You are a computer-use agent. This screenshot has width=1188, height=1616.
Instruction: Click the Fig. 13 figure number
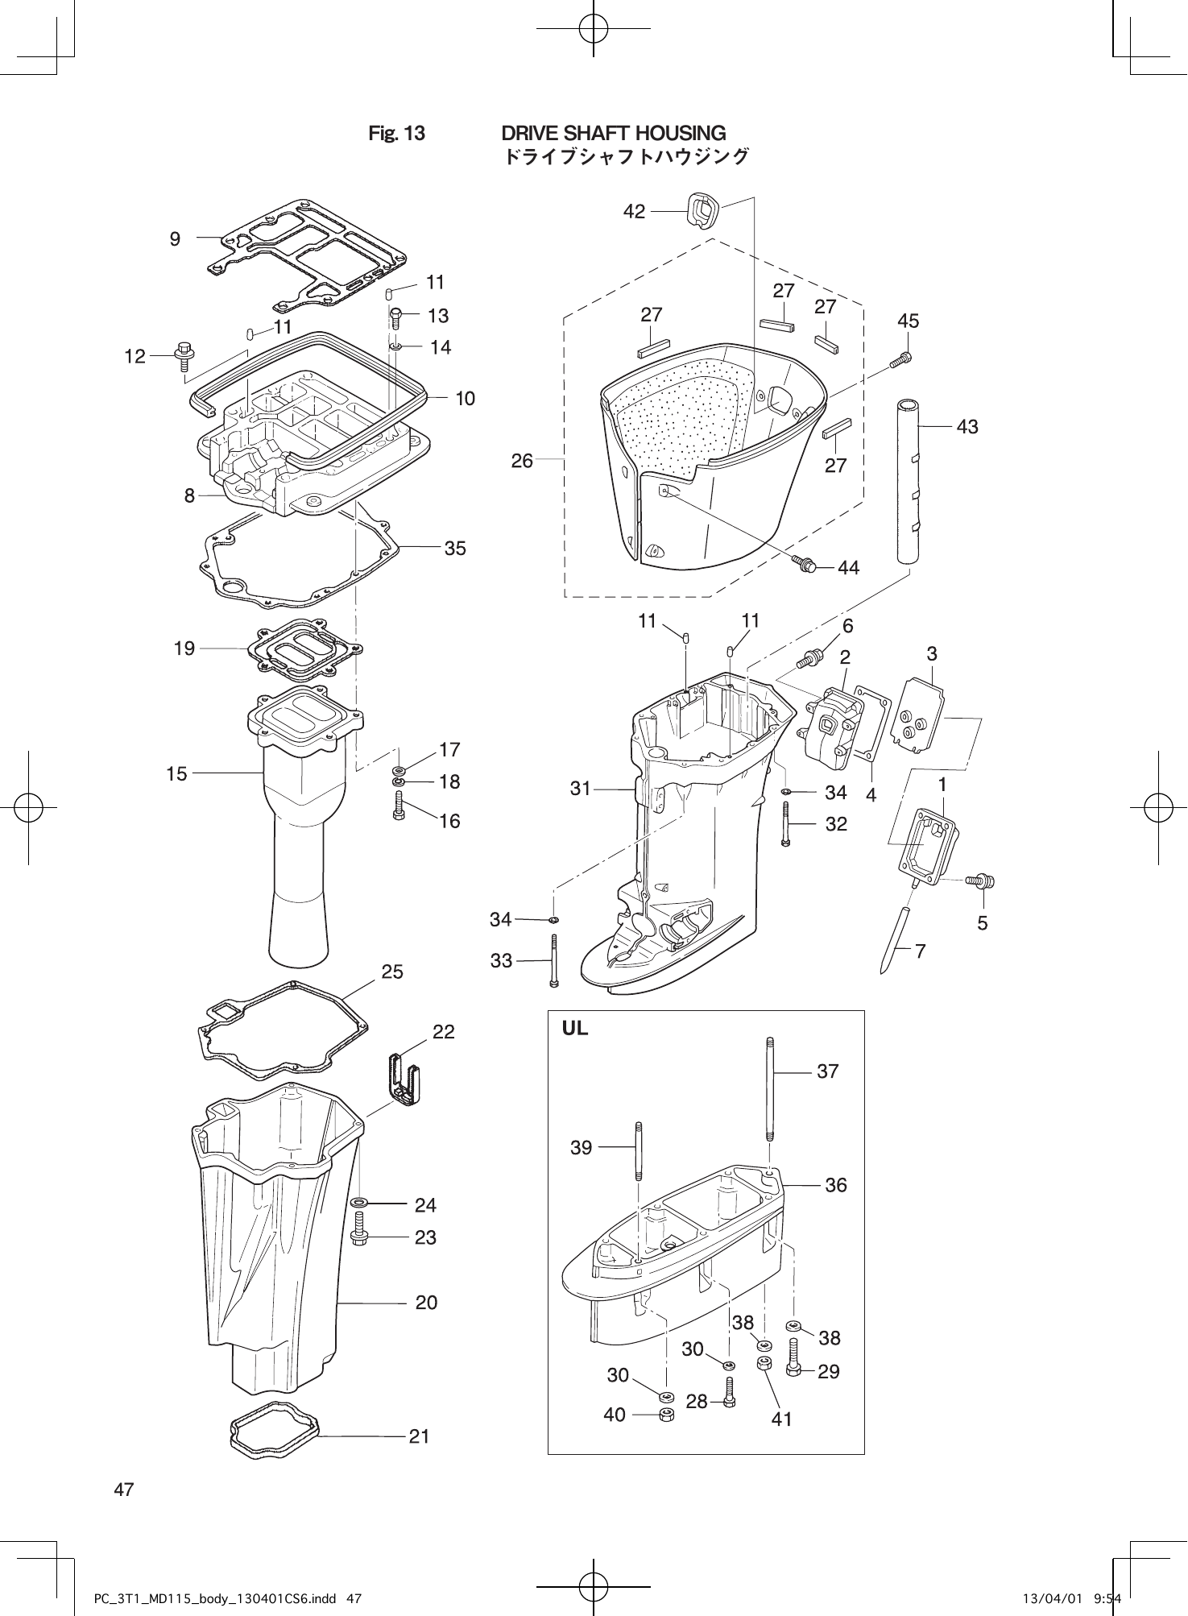click(x=396, y=133)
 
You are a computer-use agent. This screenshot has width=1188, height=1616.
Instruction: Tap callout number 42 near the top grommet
click(x=635, y=212)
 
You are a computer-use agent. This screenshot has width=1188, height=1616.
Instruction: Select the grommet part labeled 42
click(x=702, y=210)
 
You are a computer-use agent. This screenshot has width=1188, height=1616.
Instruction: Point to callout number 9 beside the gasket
click(x=175, y=238)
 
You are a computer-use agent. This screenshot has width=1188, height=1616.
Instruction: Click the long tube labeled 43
click(x=909, y=479)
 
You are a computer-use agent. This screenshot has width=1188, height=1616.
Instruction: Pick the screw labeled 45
click(x=900, y=360)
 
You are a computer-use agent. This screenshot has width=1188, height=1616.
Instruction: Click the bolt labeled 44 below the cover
click(x=805, y=564)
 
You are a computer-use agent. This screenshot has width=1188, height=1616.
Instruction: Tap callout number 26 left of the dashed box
click(x=522, y=461)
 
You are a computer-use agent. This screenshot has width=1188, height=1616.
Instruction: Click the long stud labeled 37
click(x=770, y=1088)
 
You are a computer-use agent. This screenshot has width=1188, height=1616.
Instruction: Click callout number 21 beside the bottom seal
click(x=419, y=1436)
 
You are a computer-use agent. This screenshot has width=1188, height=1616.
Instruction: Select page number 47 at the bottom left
click(x=124, y=1490)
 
